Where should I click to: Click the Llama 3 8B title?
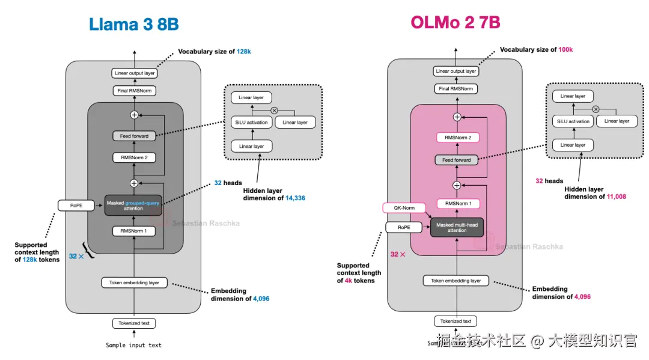(x=133, y=24)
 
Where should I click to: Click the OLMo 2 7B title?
(x=455, y=22)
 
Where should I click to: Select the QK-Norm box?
(x=403, y=208)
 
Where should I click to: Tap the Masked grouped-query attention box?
(x=133, y=206)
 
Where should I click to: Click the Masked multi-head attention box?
(x=456, y=228)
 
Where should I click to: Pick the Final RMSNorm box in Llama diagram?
(x=133, y=91)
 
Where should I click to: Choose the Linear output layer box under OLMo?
(x=456, y=71)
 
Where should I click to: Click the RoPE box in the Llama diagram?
(x=76, y=206)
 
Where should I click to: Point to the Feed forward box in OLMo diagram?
(x=456, y=160)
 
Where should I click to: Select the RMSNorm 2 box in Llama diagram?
(x=133, y=158)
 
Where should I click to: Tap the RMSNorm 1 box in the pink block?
(x=456, y=204)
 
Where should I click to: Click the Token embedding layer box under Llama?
(x=133, y=282)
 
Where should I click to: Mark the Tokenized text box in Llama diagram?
(x=133, y=323)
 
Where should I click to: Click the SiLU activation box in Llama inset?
(x=251, y=122)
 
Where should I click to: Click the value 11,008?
(x=614, y=197)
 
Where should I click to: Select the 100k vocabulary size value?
(x=565, y=49)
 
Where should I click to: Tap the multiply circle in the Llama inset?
(x=275, y=110)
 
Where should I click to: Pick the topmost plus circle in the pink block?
(x=457, y=117)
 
